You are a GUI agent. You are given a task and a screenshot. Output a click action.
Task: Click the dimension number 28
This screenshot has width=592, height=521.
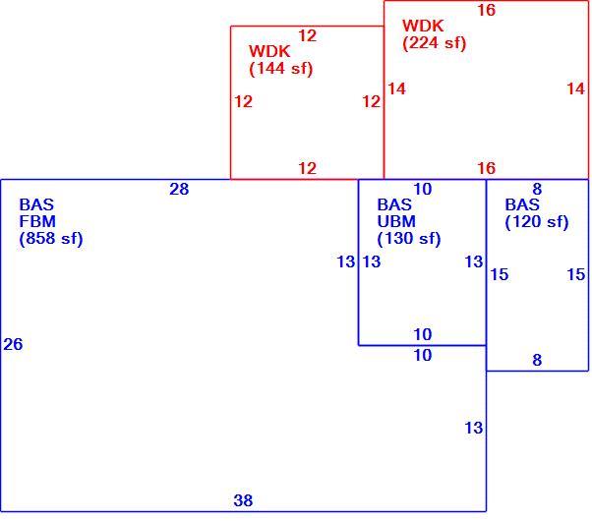tap(179, 189)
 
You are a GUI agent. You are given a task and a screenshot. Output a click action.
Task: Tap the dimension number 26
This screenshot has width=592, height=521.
tap(13, 344)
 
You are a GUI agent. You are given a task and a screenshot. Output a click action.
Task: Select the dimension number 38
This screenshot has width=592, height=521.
tap(243, 500)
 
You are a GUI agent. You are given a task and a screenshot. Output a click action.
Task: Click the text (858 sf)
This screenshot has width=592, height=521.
tap(51, 238)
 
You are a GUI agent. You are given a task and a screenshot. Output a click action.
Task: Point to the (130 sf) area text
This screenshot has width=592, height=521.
tap(409, 238)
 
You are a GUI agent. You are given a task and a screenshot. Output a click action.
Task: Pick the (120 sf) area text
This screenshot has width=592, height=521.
tap(537, 221)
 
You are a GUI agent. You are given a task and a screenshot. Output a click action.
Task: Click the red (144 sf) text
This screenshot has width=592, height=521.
tap(281, 69)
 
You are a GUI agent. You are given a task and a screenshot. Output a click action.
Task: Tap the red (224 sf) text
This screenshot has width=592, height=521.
tap(435, 42)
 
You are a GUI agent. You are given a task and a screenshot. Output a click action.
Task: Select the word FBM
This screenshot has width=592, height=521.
tap(37, 221)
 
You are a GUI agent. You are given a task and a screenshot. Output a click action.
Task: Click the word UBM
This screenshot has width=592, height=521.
tap(396, 221)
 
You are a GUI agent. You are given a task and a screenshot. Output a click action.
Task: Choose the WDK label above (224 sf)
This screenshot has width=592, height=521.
tap(423, 26)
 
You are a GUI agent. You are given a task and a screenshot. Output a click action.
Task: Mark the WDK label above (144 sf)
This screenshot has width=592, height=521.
tap(269, 51)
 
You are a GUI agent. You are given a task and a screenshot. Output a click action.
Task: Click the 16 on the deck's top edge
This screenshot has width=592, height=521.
tap(486, 10)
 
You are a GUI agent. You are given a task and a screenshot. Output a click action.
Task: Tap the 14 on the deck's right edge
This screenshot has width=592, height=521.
tap(575, 89)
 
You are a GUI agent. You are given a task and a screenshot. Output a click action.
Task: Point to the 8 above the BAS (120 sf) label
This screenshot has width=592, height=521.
tap(537, 189)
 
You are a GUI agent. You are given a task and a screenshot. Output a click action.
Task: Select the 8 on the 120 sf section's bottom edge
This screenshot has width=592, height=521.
tap(537, 360)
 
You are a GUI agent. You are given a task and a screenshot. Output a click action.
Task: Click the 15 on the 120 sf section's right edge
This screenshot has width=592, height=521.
tap(575, 275)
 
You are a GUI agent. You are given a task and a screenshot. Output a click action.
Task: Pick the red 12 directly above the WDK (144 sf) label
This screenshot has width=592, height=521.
tap(308, 35)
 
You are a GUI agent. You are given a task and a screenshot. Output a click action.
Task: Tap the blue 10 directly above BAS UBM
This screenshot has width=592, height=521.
tap(423, 189)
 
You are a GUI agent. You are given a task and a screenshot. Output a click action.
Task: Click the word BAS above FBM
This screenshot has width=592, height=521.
tap(36, 204)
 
